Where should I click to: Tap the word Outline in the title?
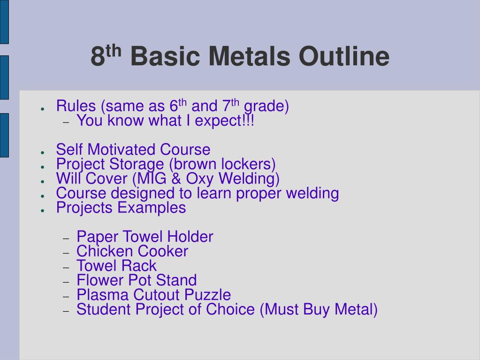pyautogui.click(x=344, y=57)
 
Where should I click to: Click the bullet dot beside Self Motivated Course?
pyautogui.click(x=42, y=153)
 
